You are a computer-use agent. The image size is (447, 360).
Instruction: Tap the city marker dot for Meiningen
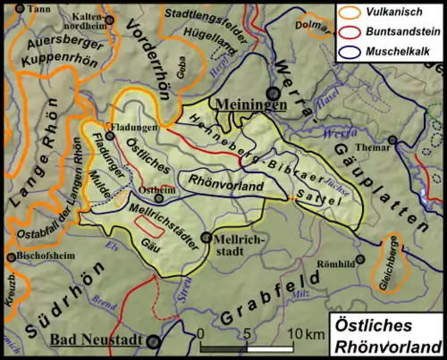pyautogui.click(x=274, y=93)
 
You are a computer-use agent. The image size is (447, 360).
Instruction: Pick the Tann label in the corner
pyautogui.click(x=37, y=8)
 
